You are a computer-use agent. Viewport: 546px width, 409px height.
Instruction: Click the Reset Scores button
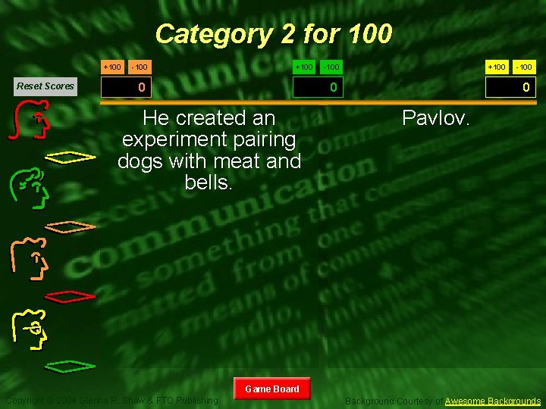[x=45, y=86]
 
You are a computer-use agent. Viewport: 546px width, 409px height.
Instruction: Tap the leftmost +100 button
[x=111, y=67]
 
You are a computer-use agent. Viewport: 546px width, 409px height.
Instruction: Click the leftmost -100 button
[x=139, y=67]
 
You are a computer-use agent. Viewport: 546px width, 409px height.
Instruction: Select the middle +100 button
[x=303, y=67]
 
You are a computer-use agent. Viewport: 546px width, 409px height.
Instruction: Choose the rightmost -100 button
[x=524, y=67]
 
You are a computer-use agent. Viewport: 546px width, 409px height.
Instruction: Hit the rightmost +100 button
[x=496, y=67]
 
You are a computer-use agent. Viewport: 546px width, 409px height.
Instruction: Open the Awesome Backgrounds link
[x=493, y=401]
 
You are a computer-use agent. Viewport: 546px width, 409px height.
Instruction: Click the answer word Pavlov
[x=437, y=118]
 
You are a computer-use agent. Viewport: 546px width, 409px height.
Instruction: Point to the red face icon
[x=32, y=122]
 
